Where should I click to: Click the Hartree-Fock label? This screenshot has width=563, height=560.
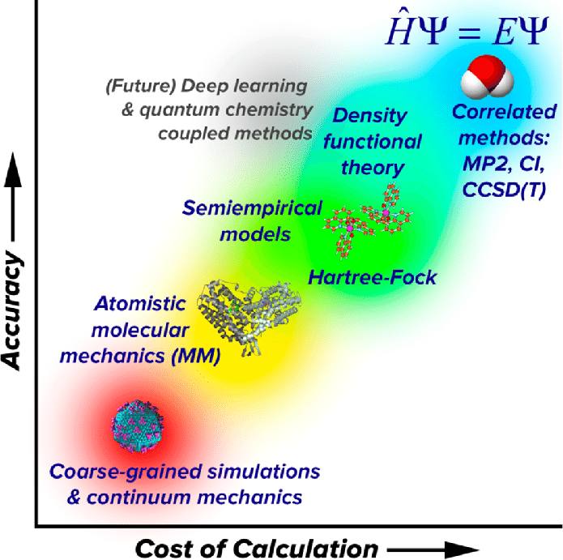pyautogui.click(x=373, y=278)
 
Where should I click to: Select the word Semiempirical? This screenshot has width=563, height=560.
pyautogui.click(x=252, y=209)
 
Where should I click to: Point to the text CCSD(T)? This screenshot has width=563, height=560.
pyautogui.click(x=504, y=190)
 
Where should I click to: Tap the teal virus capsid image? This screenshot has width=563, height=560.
pyautogui.click(x=138, y=426)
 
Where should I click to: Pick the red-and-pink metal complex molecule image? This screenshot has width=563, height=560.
pyautogui.click(x=368, y=220)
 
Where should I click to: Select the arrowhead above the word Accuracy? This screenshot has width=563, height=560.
pyautogui.click(x=13, y=169)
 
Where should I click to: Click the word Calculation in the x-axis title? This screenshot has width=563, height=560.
pyautogui.click(x=305, y=549)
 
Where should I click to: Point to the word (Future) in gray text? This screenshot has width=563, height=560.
pyautogui.click(x=140, y=87)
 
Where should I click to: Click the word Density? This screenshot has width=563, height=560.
pyautogui.click(x=369, y=116)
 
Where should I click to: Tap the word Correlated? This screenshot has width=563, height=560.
pyautogui.click(x=504, y=112)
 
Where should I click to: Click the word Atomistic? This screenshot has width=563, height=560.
pyautogui.click(x=140, y=304)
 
